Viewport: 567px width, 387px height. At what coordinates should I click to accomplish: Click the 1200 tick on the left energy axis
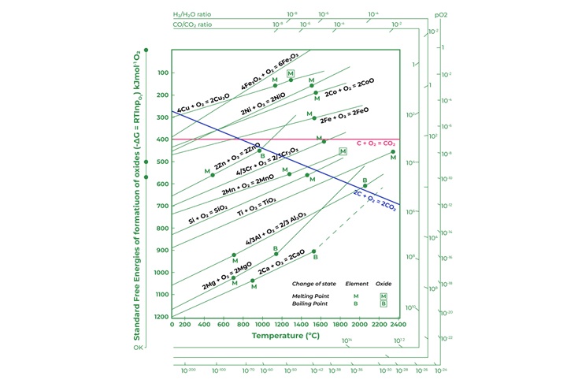coord(160,317)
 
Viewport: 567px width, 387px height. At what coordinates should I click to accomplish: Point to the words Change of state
coord(313,283)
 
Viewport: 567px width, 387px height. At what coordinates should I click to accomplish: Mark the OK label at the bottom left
coord(139,346)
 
